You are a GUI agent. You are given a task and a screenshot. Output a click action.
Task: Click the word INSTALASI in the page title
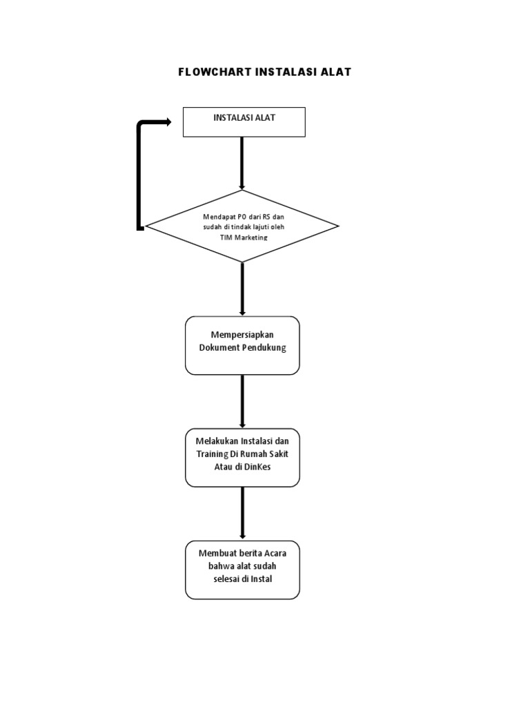[290, 72]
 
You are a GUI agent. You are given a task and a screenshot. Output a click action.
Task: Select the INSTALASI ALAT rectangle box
[244, 122]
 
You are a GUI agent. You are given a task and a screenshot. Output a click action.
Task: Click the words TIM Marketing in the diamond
[242, 238]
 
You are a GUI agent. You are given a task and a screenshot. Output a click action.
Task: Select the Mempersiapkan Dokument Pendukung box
[242, 345]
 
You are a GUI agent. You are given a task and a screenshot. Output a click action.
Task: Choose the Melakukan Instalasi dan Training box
[242, 457]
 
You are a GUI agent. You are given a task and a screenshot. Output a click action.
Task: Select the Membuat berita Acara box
[242, 570]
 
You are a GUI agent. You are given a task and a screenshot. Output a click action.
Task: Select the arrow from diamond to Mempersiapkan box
[242, 289]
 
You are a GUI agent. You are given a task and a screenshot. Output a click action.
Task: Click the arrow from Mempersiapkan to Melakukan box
[242, 401]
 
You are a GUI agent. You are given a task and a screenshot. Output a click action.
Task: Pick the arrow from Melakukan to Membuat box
[242, 513]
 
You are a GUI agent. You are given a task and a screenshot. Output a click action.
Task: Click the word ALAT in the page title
[335, 72]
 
